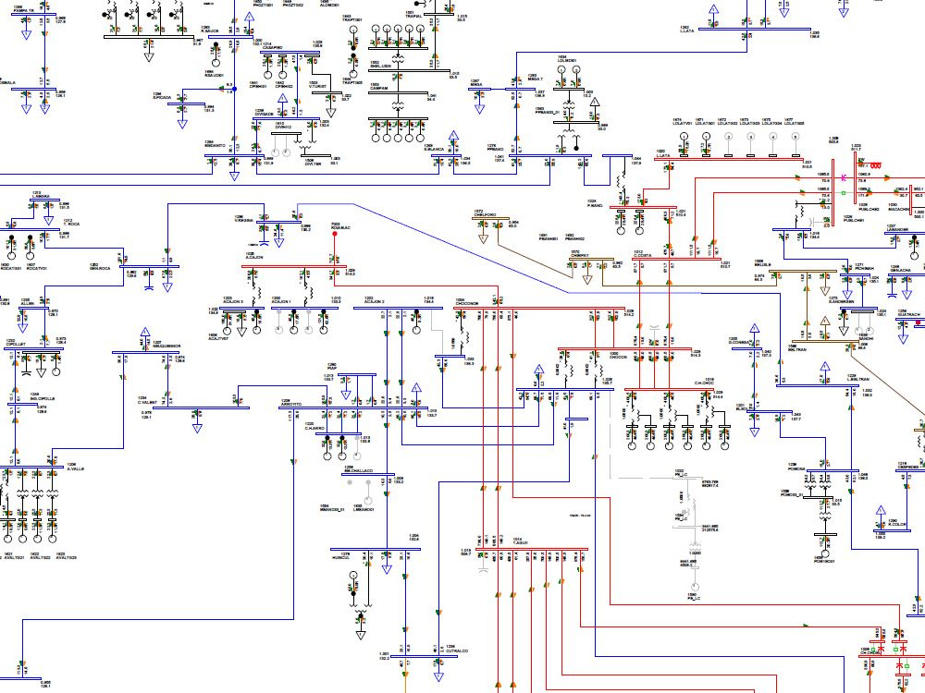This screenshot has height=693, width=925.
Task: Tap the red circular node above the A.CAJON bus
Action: pyautogui.click(x=335, y=234)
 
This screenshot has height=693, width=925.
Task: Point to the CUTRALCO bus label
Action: pyautogui.click(x=457, y=651)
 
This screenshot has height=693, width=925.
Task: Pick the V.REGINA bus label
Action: pyautogui.click(x=244, y=221)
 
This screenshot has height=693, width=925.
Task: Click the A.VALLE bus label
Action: pyautogui.click(x=76, y=468)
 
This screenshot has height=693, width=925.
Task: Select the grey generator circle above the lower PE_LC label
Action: pyautogui.click(x=685, y=510)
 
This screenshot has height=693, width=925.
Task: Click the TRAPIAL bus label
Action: pyautogui.click(x=413, y=17)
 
